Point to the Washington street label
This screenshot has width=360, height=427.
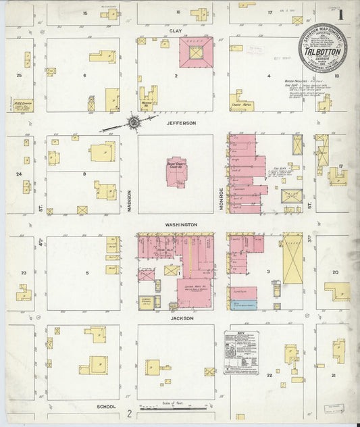[182, 224]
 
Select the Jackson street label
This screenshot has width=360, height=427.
[182, 318]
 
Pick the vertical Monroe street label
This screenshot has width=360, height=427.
[221, 200]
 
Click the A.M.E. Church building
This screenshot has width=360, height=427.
[22, 105]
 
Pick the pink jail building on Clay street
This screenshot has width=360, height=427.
[196, 52]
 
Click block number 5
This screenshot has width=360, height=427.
[87, 273]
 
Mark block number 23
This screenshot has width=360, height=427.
[24, 273]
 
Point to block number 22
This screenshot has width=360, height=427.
[269, 374]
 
